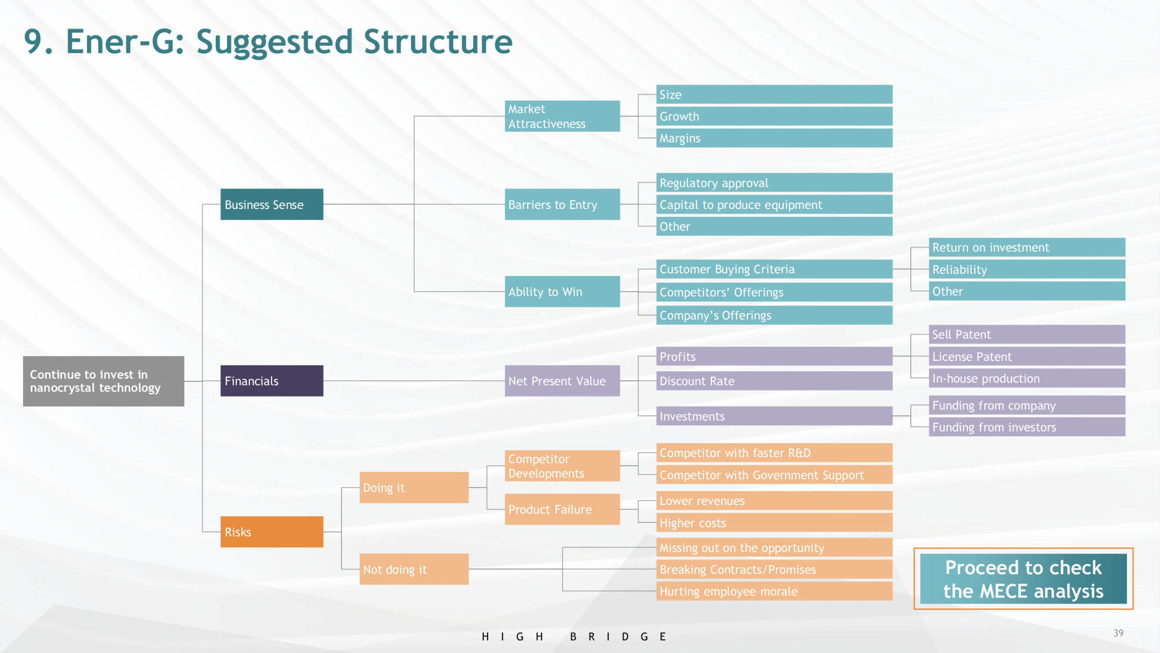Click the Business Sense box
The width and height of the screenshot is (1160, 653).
[271, 205]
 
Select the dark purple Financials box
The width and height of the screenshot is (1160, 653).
[271, 381]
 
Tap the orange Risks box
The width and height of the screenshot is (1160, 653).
[271, 532]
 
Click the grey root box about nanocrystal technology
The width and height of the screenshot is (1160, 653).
[103, 381]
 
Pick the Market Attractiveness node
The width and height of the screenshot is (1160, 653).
[562, 116]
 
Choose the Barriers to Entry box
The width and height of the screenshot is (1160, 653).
[562, 205]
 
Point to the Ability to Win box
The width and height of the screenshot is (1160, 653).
[562, 292]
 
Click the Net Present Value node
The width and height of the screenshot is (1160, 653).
[562, 381]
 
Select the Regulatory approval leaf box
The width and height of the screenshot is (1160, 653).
[774, 183]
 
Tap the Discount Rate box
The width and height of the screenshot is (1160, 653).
[774, 381]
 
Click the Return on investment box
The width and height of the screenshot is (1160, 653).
[1026, 248]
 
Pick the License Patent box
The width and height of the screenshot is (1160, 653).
[1026, 356]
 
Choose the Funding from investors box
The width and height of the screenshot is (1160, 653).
[1026, 427]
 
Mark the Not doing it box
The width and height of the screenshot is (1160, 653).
[414, 569]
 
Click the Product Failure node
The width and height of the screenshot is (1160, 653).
[562, 509]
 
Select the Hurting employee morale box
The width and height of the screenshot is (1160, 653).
[774, 591]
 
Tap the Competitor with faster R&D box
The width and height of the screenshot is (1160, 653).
[774, 453]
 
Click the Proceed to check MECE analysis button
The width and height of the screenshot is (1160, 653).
[1023, 579]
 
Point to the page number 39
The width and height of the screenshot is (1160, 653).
[1118, 633]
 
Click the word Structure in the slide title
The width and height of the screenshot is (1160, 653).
[438, 42]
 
